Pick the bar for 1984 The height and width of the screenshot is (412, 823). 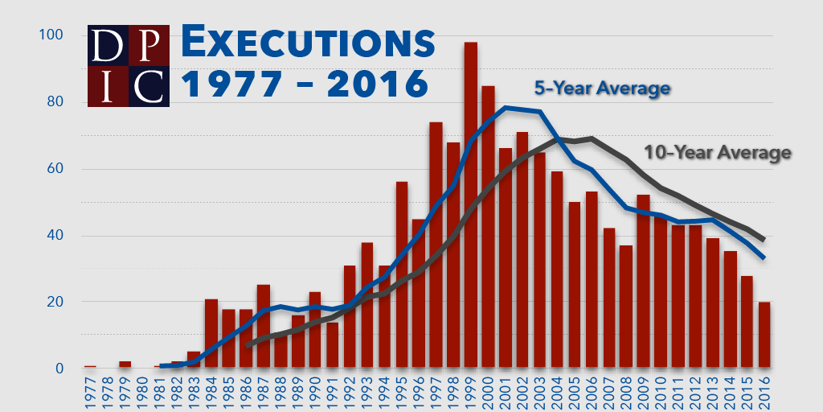211,334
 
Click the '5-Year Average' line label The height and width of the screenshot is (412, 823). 602,88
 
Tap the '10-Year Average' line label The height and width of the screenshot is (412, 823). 718,151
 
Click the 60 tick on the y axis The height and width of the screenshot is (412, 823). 55,169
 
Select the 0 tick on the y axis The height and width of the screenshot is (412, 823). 59,369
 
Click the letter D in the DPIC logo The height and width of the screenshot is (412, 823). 107,46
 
